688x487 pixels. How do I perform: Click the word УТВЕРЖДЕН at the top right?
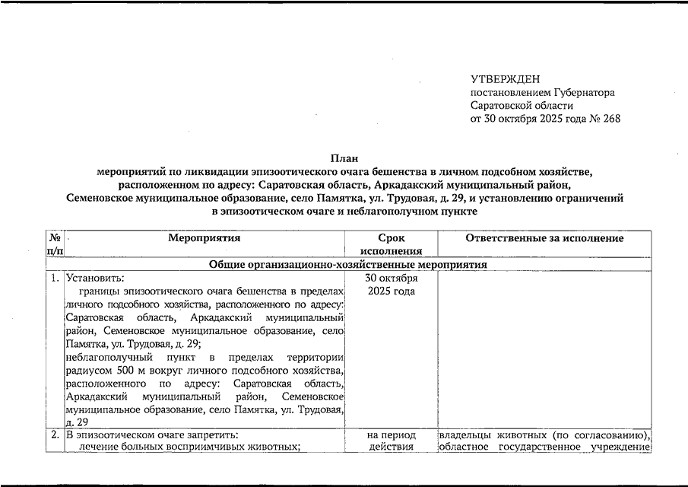505,79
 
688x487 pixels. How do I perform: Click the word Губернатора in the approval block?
583,92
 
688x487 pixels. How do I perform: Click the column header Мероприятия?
204,238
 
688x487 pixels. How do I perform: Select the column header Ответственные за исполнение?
544,238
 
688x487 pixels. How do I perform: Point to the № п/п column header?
55,244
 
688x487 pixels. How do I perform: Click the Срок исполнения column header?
391,244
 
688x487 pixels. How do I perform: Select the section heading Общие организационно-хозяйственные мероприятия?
348,264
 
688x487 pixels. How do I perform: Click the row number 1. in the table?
55,278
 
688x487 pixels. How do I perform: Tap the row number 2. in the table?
55,435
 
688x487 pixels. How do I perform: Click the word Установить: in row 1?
94,278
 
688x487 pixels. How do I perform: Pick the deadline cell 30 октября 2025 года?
391,284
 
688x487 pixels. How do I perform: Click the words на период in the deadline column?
391,435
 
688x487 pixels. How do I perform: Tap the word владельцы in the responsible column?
467,435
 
